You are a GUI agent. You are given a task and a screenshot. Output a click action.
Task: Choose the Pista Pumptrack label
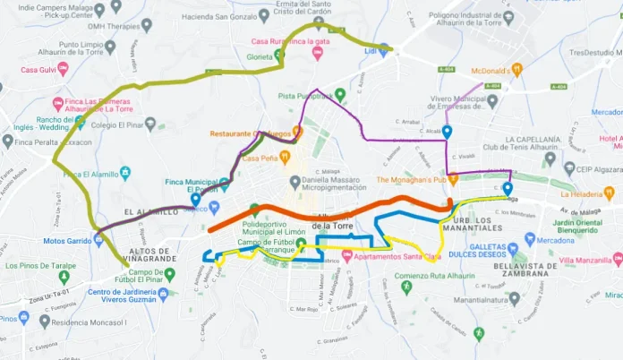311,95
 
